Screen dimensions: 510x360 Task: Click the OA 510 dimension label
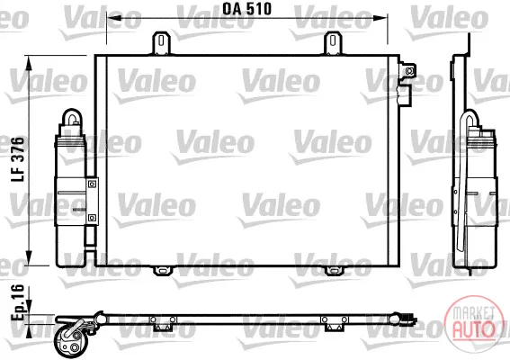click(246, 9)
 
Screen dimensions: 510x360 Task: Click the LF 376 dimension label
click(18, 159)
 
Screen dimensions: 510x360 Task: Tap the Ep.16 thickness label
click(18, 303)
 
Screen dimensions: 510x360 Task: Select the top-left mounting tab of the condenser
click(162, 43)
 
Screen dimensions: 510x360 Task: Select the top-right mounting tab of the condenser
click(333, 43)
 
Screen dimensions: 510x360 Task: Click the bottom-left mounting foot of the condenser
click(163, 270)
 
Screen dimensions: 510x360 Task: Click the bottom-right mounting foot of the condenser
click(334, 270)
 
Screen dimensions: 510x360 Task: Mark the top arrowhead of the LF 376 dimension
click(30, 63)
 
